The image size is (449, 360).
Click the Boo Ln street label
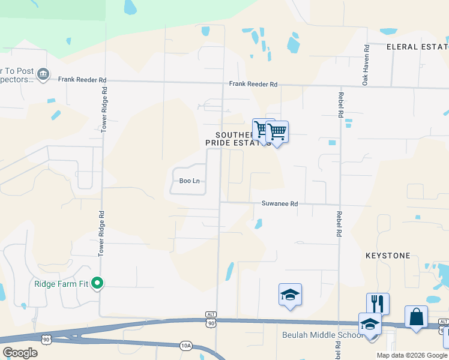[x=189, y=181]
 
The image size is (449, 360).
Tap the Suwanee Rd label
[x=279, y=204]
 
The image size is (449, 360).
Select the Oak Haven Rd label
[x=365, y=65]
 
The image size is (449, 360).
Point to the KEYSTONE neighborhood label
[x=388, y=256]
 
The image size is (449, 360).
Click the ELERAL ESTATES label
[x=417, y=46]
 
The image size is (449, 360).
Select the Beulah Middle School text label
[x=322, y=335]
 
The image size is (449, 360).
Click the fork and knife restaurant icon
[x=378, y=302]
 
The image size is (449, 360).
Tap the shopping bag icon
[x=416, y=316]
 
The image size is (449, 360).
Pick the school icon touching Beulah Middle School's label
[x=370, y=324]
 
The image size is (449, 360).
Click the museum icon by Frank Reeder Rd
[x=43, y=74]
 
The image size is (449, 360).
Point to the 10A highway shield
[x=186, y=345]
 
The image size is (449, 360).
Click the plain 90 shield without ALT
[x=46, y=339]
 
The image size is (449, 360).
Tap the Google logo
[x=20, y=353]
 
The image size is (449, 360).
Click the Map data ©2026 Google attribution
[x=411, y=355]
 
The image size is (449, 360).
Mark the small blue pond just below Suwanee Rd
[x=258, y=224]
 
